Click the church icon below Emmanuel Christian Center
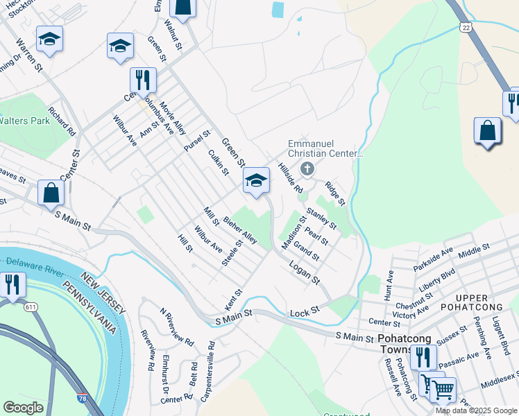point(307,168)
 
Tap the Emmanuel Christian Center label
point(325,148)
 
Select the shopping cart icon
point(443,389)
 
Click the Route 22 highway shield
point(464,26)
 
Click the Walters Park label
point(25,121)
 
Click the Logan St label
point(305,272)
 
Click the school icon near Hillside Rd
point(256,182)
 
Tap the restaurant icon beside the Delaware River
point(12,285)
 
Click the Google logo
point(23,408)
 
